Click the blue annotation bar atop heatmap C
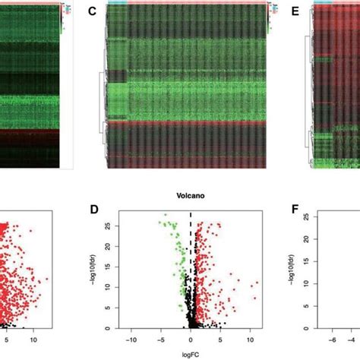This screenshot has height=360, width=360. [x=117, y=3]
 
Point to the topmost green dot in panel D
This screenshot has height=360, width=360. [x=163, y=216]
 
